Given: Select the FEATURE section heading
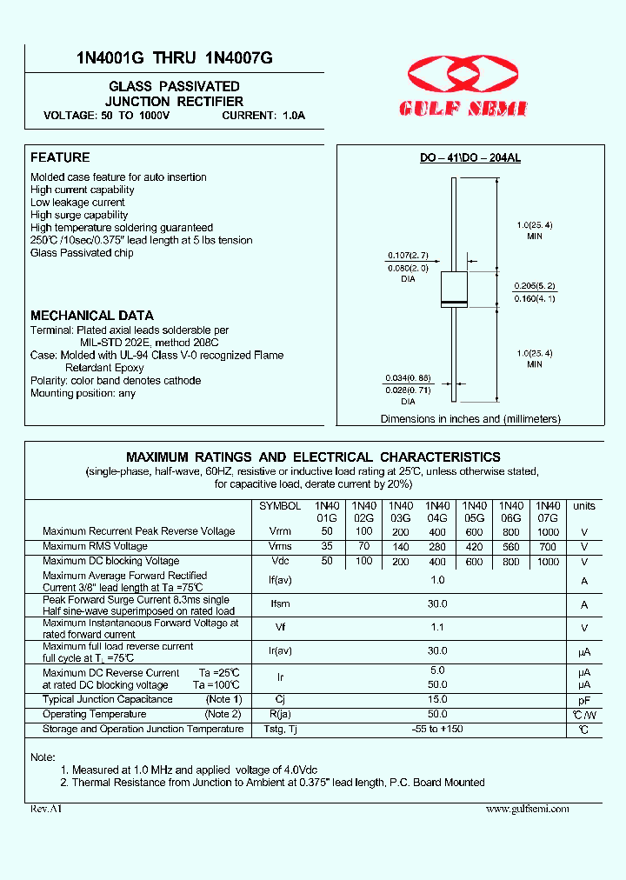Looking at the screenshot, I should pos(60,157).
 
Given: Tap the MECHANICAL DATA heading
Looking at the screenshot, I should pos(92,316).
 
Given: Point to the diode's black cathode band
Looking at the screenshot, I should pos(455,302).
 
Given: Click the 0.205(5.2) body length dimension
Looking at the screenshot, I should pos(535,286).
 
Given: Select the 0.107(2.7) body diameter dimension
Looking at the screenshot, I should pos(408,256).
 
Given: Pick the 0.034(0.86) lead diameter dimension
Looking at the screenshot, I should pos(408,378).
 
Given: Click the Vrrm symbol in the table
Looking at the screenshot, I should pos(280,530).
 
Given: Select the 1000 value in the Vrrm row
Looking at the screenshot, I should pos(548,530).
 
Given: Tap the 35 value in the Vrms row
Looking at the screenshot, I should pos(326,546).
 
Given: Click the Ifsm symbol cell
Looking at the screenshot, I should pos(280,603).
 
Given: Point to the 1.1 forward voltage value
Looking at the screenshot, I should pos(437,627).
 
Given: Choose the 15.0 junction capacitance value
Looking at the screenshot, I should pos(437,699).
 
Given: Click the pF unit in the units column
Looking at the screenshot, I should pos(584,699).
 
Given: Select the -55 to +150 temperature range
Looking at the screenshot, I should pos(437,729).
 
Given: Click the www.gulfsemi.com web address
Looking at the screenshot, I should pos(527,809).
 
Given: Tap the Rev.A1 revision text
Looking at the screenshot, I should pos(46,809).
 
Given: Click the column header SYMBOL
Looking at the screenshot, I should pos(280,506).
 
